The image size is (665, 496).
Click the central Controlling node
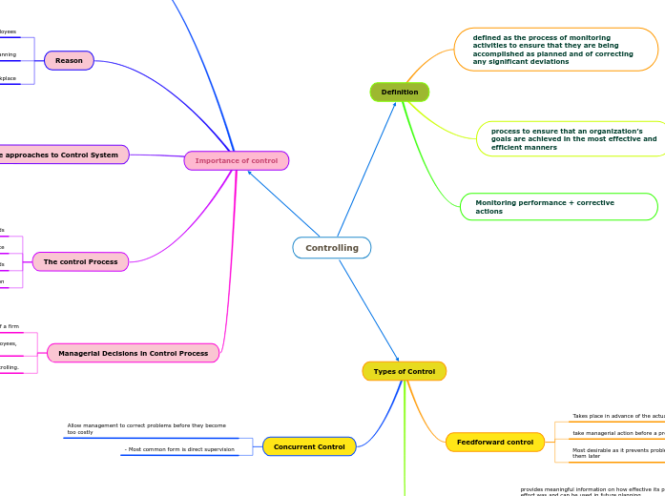(332, 248)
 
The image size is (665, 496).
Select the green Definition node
(400, 92)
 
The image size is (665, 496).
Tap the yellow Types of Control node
(404, 371)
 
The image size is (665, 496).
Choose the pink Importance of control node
(237, 160)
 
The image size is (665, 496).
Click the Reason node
(69, 60)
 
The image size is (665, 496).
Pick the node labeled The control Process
(80, 261)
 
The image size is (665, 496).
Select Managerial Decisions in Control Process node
(133, 353)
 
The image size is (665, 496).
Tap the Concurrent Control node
(309, 446)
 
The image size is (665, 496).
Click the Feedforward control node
(495, 442)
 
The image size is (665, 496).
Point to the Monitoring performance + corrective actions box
(558, 207)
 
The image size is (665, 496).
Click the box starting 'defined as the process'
(556, 49)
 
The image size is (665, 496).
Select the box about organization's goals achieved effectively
(571, 139)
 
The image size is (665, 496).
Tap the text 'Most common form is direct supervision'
(179, 449)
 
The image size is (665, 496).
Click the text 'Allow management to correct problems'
(146, 428)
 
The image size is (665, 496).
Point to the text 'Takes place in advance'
(617, 416)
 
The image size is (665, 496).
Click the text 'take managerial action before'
(617, 433)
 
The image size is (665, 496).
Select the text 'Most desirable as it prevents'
(617, 452)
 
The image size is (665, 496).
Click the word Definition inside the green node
(400, 92)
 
